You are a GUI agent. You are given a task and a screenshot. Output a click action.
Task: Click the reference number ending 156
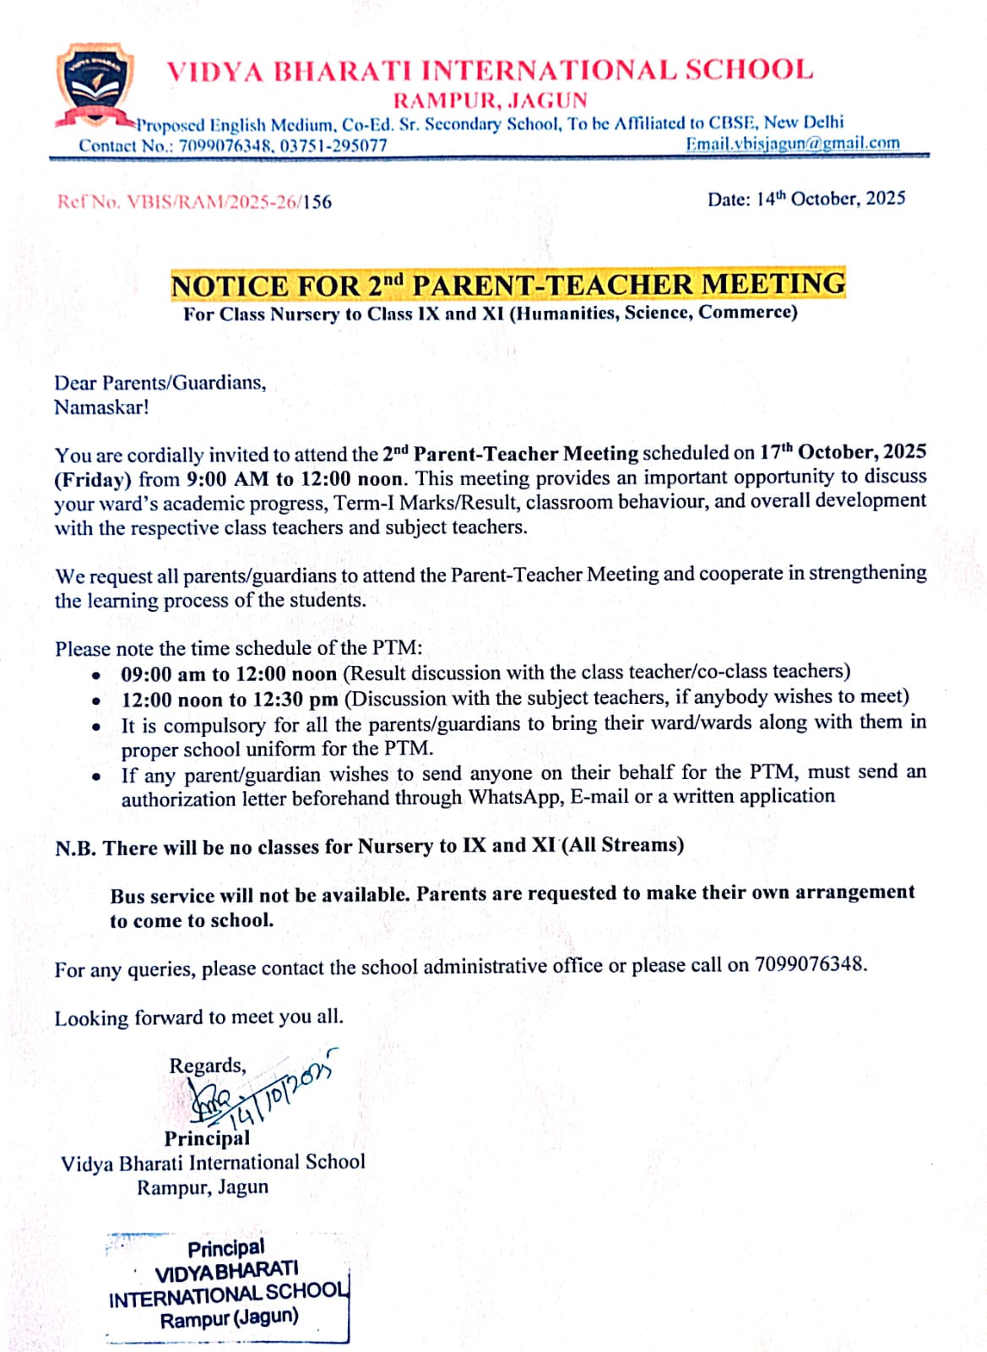[x=194, y=202]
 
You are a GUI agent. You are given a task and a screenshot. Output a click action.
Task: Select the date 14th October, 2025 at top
[x=831, y=199]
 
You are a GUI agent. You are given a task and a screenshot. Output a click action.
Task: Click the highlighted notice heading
[x=507, y=285]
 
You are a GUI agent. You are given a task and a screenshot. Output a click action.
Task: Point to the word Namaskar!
[x=101, y=407]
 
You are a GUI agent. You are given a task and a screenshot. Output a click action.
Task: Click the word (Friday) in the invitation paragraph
[x=93, y=480]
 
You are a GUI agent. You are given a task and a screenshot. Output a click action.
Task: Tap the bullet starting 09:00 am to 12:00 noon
[x=229, y=674]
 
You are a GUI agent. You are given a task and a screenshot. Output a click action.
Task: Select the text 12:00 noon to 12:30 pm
[x=230, y=700]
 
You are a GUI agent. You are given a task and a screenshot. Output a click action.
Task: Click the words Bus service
[x=162, y=896]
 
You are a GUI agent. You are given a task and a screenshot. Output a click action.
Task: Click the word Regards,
[x=208, y=1066]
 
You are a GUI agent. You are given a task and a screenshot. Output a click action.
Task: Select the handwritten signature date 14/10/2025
[x=279, y=1090]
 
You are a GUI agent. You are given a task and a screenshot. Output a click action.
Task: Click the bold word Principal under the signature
[x=207, y=1138]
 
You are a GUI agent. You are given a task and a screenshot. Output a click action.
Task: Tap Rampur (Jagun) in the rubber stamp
[x=230, y=1318]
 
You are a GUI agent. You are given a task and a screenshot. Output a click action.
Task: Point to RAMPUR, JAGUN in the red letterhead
[x=491, y=101]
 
